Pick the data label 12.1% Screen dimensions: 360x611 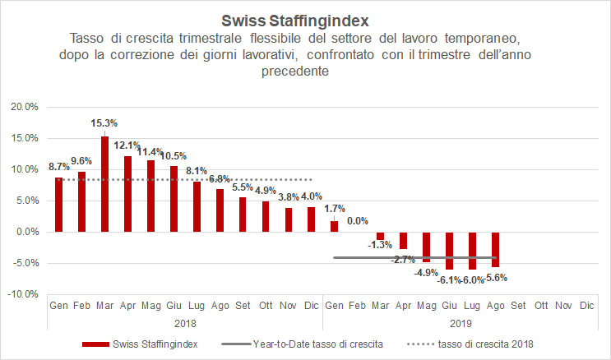click(127, 145)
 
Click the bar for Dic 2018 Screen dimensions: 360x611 click(311, 219)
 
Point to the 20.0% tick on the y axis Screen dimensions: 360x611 click(23, 107)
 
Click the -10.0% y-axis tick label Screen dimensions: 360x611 click(22, 294)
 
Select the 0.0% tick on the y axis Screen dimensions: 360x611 click(25, 232)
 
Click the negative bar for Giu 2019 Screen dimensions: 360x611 click(449, 250)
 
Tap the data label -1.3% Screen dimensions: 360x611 click(379, 244)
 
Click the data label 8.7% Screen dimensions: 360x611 click(58, 167)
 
